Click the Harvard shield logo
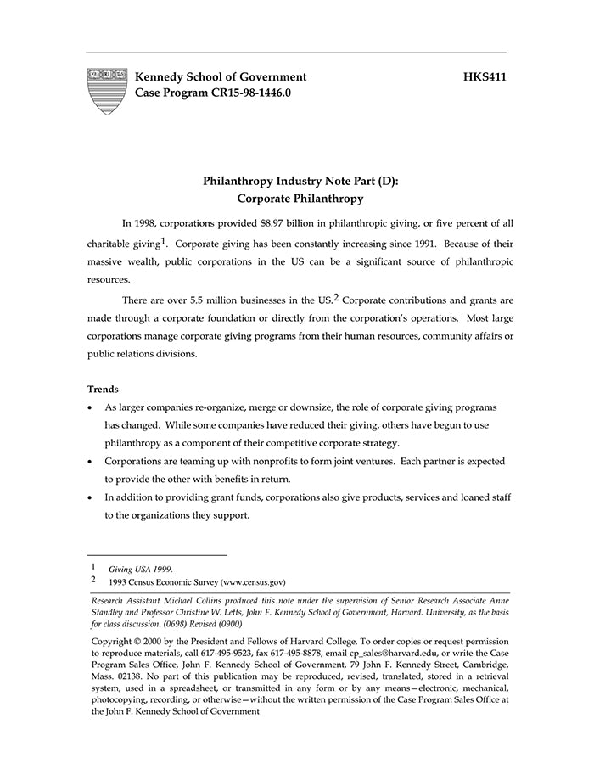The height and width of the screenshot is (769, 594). [x=107, y=92]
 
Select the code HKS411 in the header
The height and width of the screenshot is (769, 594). [x=485, y=77]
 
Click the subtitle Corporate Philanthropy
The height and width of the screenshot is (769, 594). [x=300, y=199]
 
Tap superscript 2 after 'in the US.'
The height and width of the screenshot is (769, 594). [x=336, y=297]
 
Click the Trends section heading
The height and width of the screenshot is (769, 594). [x=103, y=389]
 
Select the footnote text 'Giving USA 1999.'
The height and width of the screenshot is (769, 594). [x=141, y=569]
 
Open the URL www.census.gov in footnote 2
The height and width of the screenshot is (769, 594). [x=252, y=583]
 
